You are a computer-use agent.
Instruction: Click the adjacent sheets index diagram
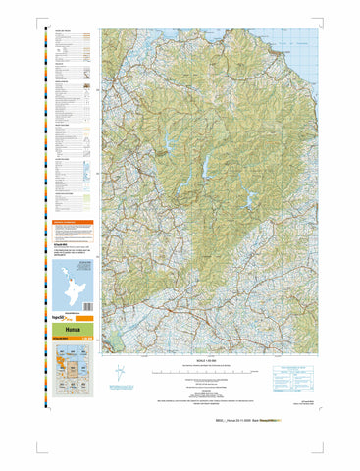point(75,367)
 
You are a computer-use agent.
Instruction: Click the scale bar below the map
point(211,373)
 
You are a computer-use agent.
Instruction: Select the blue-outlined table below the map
point(294,372)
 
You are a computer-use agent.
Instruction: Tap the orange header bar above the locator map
point(75,223)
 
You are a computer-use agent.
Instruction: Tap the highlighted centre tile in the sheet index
point(75,367)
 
